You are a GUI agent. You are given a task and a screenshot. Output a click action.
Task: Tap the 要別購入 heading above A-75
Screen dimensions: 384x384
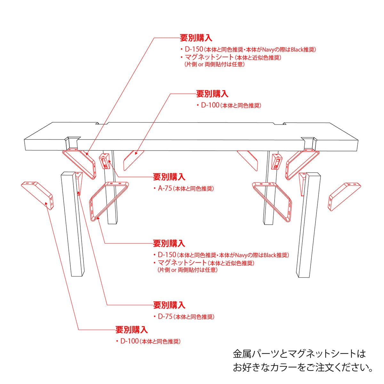click(x=169, y=176)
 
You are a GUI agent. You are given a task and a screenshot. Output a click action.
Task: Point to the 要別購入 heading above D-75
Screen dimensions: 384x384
click(x=169, y=305)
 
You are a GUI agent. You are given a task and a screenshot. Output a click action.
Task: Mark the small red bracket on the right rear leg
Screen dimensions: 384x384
click(x=276, y=162)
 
